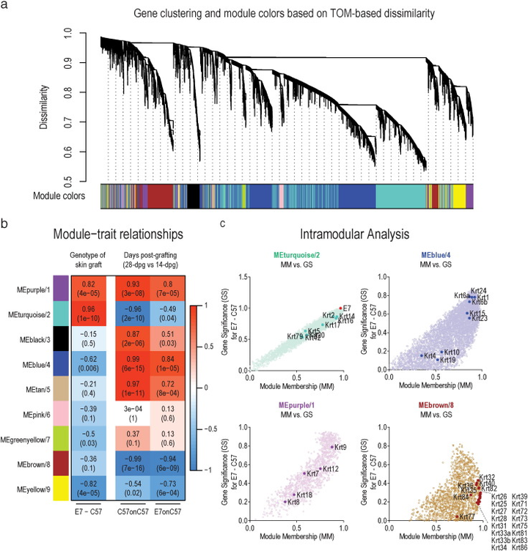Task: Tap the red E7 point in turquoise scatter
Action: pyautogui.click(x=342, y=308)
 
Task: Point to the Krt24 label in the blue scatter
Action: pyautogui.click(x=479, y=290)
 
